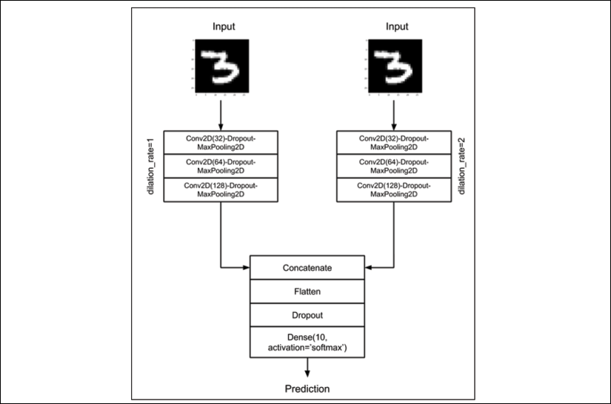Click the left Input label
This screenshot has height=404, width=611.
click(x=224, y=27)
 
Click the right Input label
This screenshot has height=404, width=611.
click(x=397, y=27)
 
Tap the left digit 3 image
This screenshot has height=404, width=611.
click(x=221, y=66)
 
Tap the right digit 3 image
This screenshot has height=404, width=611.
click(x=395, y=66)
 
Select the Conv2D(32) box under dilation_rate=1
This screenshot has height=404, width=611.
click(x=221, y=143)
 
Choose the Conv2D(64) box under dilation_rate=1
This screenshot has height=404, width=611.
click(x=221, y=166)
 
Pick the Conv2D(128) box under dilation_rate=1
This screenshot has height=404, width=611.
click(x=221, y=190)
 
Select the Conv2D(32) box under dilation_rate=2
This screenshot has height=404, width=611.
click(x=394, y=143)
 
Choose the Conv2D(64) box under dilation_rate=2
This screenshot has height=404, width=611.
click(x=394, y=166)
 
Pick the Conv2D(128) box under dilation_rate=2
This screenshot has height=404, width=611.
click(x=394, y=190)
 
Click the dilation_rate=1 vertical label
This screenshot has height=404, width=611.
click(x=151, y=166)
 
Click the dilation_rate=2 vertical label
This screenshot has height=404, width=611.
click(x=461, y=166)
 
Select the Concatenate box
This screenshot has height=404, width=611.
click(x=307, y=267)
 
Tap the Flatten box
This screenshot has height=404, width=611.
click(x=307, y=292)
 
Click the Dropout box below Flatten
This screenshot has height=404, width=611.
click(x=307, y=315)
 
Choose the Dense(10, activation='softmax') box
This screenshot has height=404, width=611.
click(x=307, y=342)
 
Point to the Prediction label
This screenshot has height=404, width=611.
click(x=307, y=388)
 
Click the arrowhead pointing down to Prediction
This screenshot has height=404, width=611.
click(x=307, y=374)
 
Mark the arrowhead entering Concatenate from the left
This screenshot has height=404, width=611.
click(x=247, y=267)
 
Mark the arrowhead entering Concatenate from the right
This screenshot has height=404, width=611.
click(x=368, y=267)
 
